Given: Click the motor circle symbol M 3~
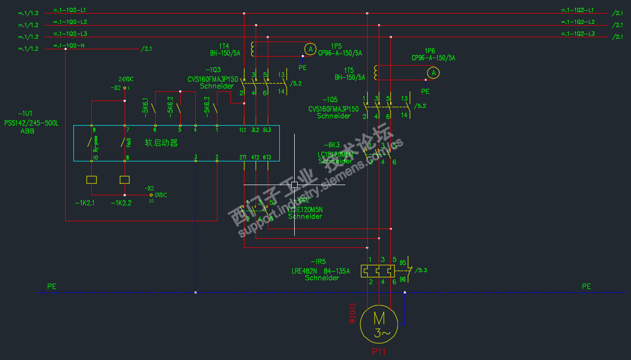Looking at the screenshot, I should (379, 324).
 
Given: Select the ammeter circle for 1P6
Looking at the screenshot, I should (434, 73).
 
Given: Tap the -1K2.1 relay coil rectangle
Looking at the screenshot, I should (91, 180).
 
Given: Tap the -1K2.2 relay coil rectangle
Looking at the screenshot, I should (125, 180).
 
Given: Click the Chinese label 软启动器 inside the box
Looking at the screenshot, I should (161, 143).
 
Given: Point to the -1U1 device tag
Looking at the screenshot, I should (25, 114).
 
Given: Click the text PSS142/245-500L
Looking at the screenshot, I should (31, 123).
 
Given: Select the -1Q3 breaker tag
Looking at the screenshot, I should (213, 70).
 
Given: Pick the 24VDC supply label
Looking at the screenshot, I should (126, 79).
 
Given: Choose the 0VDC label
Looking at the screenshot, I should (161, 195).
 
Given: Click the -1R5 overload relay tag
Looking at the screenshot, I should (318, 261).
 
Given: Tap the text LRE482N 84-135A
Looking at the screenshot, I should (320, 271).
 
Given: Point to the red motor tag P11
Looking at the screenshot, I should (379, 352).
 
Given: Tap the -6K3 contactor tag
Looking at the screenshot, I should (331, 145).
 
